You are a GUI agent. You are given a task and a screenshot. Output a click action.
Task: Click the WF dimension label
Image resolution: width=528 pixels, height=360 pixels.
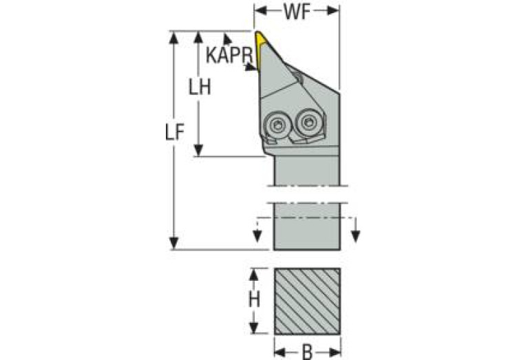[x=296, y=12]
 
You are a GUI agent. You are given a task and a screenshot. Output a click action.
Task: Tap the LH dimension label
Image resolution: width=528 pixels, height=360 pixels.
[x=200, y=87]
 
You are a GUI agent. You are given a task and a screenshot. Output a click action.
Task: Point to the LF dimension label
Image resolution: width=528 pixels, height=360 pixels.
[x=175, y=131]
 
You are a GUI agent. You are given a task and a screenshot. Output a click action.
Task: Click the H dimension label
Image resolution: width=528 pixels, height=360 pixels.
[x=254, y=299]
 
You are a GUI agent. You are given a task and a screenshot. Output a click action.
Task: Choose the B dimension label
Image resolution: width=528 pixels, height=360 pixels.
[x=307, y=352]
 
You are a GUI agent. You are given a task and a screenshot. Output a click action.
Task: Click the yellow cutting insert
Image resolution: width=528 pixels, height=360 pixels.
[x=260, y=50]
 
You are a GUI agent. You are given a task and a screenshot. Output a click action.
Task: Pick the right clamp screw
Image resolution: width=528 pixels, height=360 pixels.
[x=308, y=122]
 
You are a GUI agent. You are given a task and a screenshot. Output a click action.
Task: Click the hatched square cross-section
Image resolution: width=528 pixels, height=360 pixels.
[x=307, y=301]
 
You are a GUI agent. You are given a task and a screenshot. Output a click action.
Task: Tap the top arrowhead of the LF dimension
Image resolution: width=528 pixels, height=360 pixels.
[x=173, y=37]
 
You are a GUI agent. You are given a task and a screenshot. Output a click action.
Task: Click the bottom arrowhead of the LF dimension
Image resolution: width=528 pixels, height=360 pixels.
[x=173, y=243]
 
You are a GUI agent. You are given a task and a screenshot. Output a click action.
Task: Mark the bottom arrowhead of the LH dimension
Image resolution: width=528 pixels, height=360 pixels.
[x=199, y=150]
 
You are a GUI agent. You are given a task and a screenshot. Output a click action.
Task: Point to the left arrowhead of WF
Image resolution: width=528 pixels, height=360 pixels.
[x=261, y=11]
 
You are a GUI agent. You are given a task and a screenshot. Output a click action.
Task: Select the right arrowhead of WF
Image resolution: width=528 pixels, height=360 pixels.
[x=332, y=11]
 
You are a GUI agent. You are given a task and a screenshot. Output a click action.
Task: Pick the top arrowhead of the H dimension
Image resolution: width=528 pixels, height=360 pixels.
[x=253, y=275]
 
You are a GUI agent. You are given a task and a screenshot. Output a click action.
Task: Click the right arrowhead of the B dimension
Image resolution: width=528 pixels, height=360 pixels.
[x=335, y=352]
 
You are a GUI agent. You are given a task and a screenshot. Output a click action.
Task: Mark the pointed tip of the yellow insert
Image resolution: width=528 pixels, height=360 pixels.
[x=257, y=32]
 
